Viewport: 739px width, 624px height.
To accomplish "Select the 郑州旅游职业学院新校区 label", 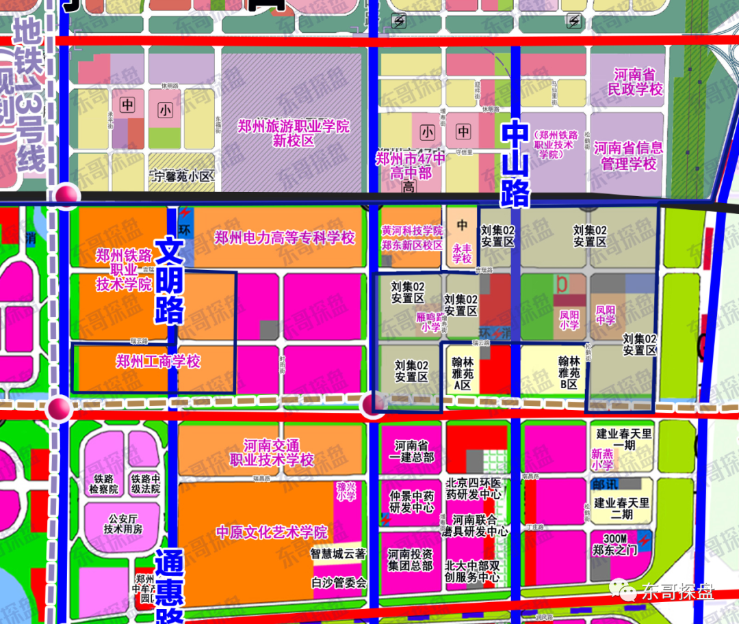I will (x=294, y=133).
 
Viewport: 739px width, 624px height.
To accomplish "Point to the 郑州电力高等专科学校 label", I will (x=285, y=238).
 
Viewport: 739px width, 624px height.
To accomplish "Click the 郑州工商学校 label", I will (x=158, y=362).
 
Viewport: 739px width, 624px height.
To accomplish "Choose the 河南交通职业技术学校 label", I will (x=272, y=452).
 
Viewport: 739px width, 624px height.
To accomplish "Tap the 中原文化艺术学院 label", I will (x=272, y=532).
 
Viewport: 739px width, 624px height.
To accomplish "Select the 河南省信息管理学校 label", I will (x=628, y=156).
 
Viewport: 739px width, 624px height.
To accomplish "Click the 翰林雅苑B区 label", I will (x=569, y=372).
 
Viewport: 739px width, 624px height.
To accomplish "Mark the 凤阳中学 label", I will (x=606, y=315).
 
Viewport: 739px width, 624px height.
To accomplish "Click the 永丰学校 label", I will (x=463, y=254).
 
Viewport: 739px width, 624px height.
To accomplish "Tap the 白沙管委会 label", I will (x=339, y=583).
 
